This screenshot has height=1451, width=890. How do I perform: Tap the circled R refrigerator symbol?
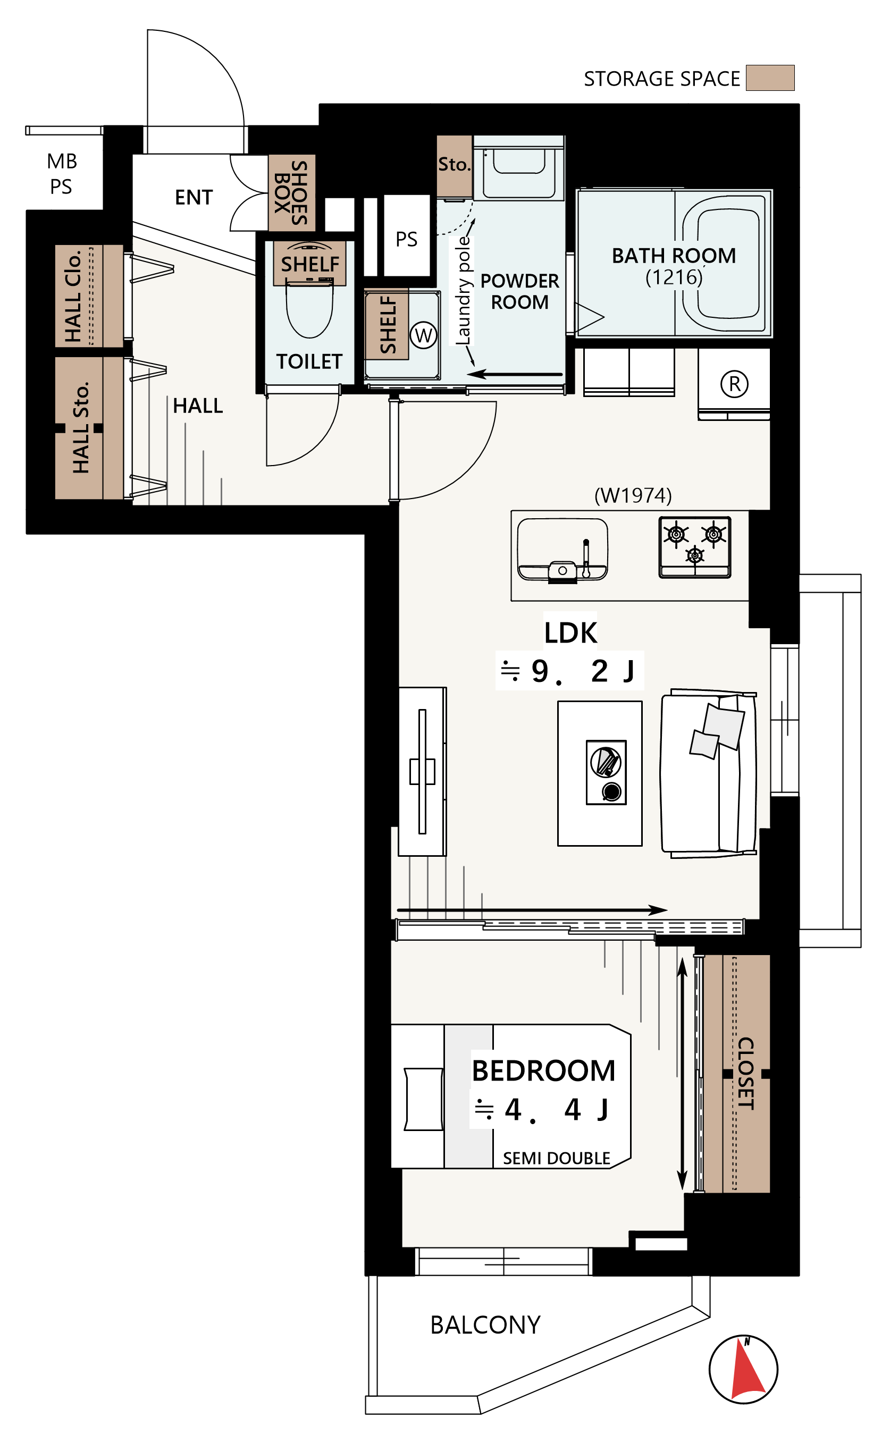click(735, 384)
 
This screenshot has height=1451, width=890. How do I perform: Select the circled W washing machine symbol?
click(424, 336)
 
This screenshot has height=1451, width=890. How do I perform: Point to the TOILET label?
click(309, 361)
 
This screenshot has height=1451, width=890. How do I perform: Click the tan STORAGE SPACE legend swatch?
click(770, 78)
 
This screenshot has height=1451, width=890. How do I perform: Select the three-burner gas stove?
click(695, 547)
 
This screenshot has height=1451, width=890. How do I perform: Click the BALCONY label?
click(485, 1325)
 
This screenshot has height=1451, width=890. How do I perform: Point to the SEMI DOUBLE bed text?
click(557, 1158)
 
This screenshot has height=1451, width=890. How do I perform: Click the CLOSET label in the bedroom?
click(746, 1074)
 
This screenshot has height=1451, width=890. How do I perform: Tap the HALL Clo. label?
click(73, 296)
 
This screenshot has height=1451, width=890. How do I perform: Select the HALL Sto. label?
click(81, 427)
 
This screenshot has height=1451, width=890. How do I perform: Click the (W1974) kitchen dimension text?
click(633, 495)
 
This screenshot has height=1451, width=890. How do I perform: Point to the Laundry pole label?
click(464, 290)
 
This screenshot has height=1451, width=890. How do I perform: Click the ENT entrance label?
click(194, 197)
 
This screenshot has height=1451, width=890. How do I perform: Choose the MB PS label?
click(61, 174)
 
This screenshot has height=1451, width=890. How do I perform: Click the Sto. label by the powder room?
click(454, 164)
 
